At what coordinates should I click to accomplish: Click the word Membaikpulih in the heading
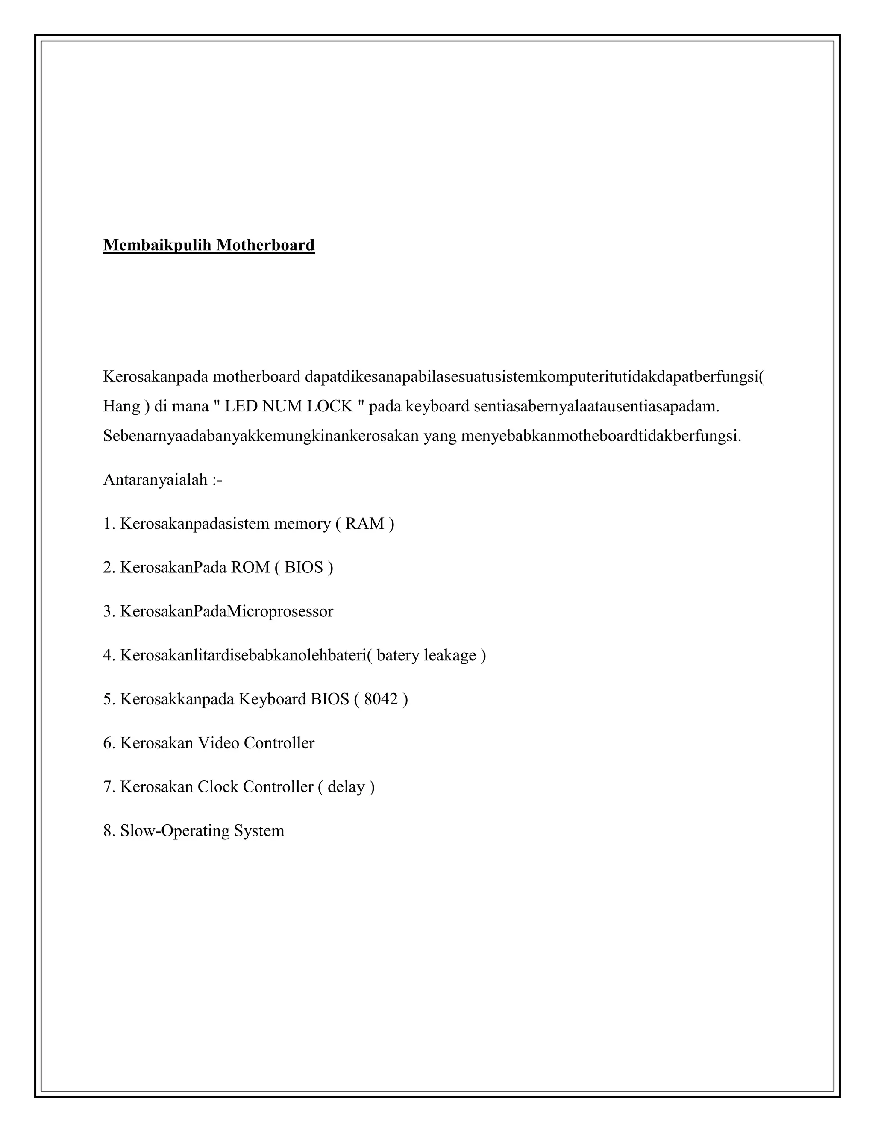tap(157, 245)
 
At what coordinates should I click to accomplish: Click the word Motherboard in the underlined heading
tap(265, 245)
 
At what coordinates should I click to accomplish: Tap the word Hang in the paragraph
tap(121, 406)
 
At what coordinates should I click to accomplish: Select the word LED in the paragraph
tap(241, 406)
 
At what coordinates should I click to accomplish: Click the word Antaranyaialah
tap(155, 480)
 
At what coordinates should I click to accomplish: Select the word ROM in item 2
tap(250, 568)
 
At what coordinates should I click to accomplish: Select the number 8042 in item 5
tap(381, 699)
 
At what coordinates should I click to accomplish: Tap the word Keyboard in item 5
tap(272, 699)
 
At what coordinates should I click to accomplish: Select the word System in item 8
tap(259, 831)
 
